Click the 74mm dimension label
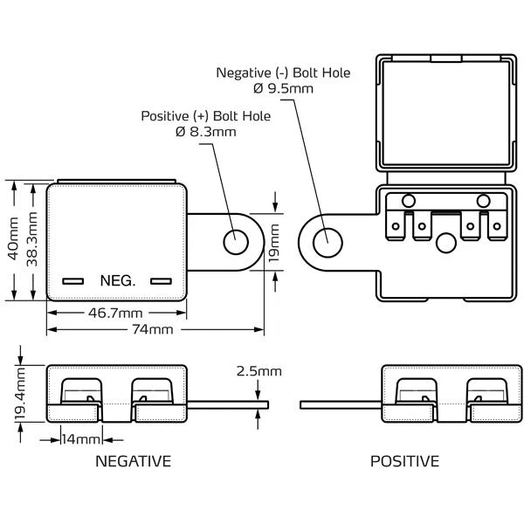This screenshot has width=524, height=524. (x=152, y=330)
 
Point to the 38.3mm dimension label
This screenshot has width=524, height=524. (x=31, y=240)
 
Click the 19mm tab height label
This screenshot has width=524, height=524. (x=274, y=241)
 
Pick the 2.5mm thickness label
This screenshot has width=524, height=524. (x=259, y=371)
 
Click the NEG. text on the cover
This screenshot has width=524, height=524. (x=118, y=281)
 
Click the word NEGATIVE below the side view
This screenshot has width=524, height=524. (x=132, y=460)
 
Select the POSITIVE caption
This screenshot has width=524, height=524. (x=404, y=460)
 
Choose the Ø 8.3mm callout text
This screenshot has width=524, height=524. (x=206, y=132)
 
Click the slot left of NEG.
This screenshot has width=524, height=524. (x=73, y=281)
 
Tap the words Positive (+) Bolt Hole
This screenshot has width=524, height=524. (x=206, y=116)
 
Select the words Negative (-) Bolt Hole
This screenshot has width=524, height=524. (x=284, y=73)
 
